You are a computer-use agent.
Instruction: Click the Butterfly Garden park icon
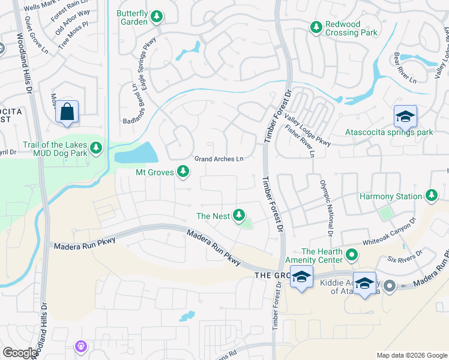pyautogui.click(x=157, y=16)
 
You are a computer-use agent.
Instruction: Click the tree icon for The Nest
pyautogui.click(x=239, y=215)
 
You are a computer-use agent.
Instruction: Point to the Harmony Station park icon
pyautogui.click(x=431, y=196)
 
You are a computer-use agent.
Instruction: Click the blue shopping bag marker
pyautogui.click(x=67, y=112)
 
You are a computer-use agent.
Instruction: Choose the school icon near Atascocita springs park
pyautogui.click(x=405, y=116)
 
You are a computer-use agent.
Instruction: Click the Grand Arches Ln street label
pyautogui.click(x=219, y=159)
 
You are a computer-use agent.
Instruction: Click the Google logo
pyautogui.click(x=20, y=353)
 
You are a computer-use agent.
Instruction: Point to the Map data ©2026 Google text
pyautogui.click(x=411, y=355)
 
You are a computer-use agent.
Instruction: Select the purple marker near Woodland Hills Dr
pyautogui.click(x=81, y=346)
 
